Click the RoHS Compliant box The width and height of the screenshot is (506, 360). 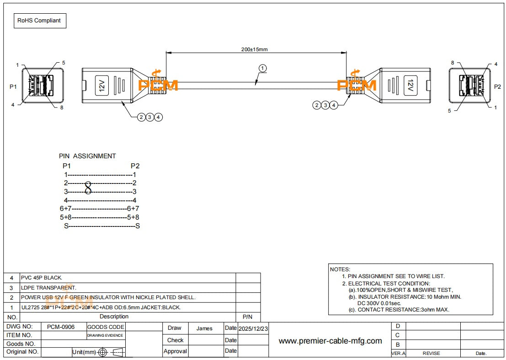tap(40, 21)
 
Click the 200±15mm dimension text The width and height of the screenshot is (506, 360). tap(255, 49)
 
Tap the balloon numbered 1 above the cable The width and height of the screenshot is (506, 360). tap(262, 68)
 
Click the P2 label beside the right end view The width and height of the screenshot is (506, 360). tap(498, 86)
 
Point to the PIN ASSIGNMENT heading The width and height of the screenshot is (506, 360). tap(87, 156)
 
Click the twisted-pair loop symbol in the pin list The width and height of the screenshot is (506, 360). tap(88, 187)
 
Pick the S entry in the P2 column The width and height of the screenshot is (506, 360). tap(137, 226)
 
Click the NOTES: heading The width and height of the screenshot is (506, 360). tap(340, 269)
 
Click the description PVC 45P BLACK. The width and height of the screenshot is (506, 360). tap(42, 278)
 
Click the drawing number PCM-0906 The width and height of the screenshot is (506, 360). tap(61, 327)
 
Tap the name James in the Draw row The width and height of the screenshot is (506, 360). tap(204, 328)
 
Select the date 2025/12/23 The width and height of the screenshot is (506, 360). tap(253, 328)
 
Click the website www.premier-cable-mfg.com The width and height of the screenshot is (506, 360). tap(330, 341)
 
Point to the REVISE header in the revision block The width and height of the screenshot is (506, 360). tap(431, 353)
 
